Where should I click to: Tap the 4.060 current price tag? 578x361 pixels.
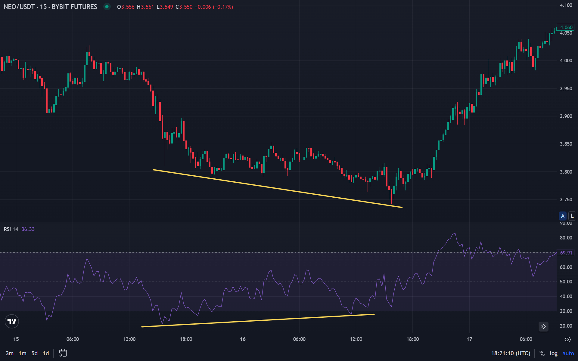tap(566, 27)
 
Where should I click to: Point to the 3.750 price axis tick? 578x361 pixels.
tap(566, 199)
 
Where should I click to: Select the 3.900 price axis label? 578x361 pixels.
tap(566, 116)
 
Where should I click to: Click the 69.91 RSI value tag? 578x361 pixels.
tap(566, 253)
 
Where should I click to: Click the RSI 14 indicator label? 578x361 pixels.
tap(11, 229)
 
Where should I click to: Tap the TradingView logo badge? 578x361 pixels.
tap(12, 322)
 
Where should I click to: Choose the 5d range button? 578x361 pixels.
tap(35, 353)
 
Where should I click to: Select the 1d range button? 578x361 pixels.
tap(46, 353)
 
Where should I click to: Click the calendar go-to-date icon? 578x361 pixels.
tap(63, 353)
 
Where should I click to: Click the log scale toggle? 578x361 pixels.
tap(553, 353)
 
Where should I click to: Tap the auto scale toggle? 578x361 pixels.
tap(568, 353)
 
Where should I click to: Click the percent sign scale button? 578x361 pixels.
tap(542, 353)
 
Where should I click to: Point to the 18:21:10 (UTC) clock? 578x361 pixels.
tap(511, 353)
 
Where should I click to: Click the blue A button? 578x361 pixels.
tap(562, 216)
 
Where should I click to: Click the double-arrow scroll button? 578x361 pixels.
tap(543, 326)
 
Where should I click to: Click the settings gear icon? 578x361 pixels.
tap(568, 339)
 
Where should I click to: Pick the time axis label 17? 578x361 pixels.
tap(469, 339)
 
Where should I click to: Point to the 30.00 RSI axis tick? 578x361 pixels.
tap(566, 311)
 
